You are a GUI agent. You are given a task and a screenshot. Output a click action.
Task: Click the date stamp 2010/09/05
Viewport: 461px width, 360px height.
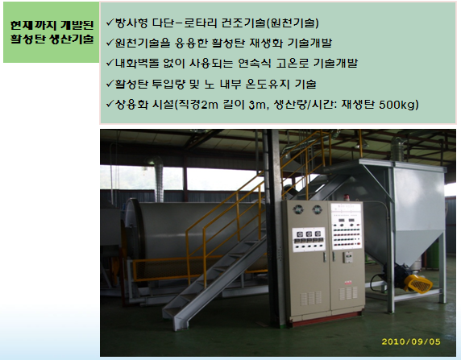click(411, 341)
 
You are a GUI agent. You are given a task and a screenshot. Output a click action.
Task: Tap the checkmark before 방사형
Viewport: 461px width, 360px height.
click(110, 23)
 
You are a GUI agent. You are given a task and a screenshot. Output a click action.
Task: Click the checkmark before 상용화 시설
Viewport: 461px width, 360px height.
click(110, 104)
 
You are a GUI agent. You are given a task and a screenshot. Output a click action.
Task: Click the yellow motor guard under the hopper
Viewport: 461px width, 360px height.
click(418, 283)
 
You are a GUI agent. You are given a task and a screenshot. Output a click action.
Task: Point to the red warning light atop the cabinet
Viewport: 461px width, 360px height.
click(347, 198)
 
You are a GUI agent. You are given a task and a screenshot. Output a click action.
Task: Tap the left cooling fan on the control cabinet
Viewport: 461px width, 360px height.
click(298, 209)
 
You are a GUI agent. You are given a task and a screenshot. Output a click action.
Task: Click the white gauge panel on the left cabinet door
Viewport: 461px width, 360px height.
click(309, 239)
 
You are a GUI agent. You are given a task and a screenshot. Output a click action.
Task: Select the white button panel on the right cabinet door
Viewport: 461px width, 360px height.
click(347, 226)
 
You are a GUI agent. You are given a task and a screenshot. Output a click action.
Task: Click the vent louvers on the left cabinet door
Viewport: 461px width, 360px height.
click(310, 298)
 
